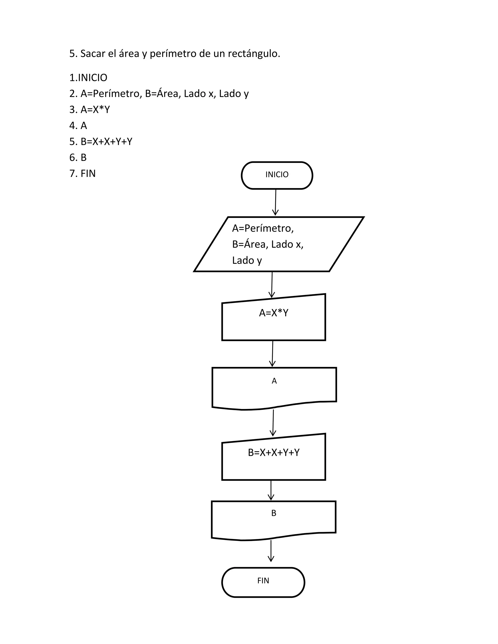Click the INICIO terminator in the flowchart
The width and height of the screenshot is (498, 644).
(277, 175)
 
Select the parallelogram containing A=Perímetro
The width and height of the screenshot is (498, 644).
(279, 244)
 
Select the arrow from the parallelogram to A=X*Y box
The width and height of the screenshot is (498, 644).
(272, 285)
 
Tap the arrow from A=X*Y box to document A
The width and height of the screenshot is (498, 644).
(273, 354)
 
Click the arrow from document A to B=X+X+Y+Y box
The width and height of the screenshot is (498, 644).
(273, 423)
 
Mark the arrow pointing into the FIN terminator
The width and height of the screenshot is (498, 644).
(271, 550)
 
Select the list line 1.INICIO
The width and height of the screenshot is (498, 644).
(88, 78)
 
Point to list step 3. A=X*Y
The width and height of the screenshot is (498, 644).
(89, 109)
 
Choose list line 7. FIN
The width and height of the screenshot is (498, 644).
(82, 173)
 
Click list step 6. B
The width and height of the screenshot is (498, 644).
(78, 157)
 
